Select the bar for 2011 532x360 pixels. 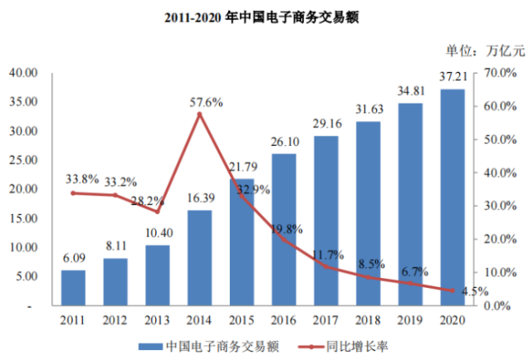(73, 288)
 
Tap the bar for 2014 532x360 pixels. (200, 258)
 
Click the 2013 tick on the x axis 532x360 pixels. (158, 319)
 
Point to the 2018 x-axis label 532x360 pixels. (368, 319)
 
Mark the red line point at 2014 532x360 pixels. (200, 114)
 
